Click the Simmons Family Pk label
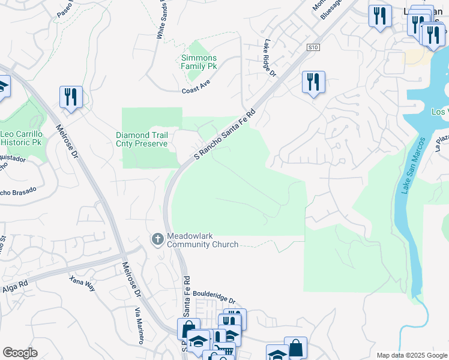(199, 61)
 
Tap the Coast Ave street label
(197, 91)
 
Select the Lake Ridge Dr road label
(269, 58)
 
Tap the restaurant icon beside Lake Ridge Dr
(313, 82)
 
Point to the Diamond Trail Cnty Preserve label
(142, 139)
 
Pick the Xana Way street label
(82, 284)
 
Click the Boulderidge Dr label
(215, 298)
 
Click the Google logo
(20, 353)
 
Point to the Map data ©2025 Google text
(411, 355)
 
